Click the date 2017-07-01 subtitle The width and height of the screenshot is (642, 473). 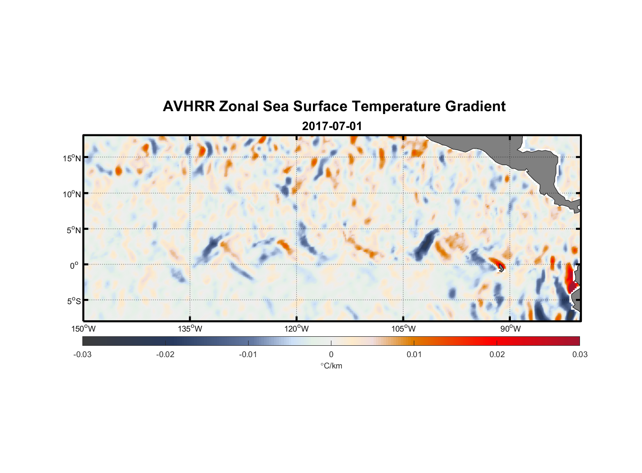point(332,126)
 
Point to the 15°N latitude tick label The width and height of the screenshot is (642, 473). point(72,158)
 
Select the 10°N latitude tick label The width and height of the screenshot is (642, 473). point(72,194)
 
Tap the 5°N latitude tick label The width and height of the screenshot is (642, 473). point(73,230)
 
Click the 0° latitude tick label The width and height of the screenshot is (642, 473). point(74,265)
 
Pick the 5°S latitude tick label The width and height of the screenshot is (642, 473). point(73,301)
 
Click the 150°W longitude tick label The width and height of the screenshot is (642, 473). point(83,329)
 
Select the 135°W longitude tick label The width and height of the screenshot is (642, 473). point(190,329)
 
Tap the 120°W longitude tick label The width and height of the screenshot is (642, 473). point(297,329)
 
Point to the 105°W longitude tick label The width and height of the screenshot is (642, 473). point(403,329)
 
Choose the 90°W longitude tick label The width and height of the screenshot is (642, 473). point(510,329)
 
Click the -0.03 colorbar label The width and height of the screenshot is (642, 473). point(82,354)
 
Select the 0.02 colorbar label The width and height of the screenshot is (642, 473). point(497,354)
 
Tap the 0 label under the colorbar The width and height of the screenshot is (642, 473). point(331,354)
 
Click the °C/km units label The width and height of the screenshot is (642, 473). point(331,366)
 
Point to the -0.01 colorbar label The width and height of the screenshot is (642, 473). point(248,354)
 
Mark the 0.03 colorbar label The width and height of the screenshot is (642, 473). point(580,354)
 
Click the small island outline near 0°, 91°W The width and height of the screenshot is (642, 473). point(501,268)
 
